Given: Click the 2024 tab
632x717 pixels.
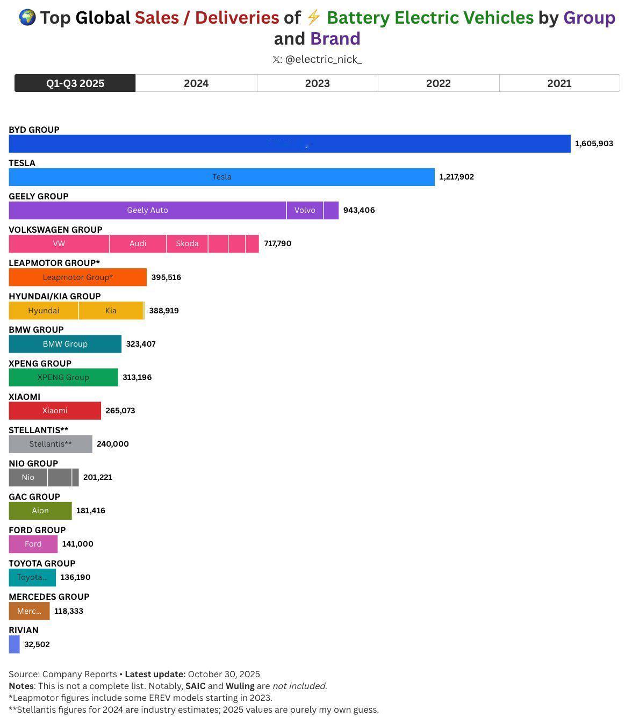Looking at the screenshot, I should point(196,83).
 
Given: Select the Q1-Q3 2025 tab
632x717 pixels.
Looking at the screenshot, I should point(75,83).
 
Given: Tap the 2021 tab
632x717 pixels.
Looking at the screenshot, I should point(559,83).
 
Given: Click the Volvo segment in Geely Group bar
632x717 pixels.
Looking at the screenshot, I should point(305,210).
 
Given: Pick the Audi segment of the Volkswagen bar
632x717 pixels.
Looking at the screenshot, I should point(138,243).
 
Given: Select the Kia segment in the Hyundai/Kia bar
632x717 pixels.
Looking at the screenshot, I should point(111,311).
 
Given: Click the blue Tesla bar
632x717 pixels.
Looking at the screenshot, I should point(221,177).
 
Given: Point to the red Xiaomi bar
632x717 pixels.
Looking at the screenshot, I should point(55,411).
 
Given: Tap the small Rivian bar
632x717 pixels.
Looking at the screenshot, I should point(15,644).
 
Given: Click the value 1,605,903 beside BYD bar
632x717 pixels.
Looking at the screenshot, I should point(594,144).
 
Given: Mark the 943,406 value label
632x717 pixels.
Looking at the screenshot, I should point(359,210).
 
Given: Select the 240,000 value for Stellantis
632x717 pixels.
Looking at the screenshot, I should point(113,444).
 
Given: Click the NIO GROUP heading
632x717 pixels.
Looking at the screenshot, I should point(33,463).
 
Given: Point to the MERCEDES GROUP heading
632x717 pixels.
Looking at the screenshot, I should point(49,597).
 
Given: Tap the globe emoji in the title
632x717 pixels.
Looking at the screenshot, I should point(27,18).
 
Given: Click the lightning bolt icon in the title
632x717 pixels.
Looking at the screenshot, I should point(313,18).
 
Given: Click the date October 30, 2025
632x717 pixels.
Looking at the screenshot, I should point(224,674).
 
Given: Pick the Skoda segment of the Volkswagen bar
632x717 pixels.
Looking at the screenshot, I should point(187,243).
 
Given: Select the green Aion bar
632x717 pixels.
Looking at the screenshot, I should point(40,511).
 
